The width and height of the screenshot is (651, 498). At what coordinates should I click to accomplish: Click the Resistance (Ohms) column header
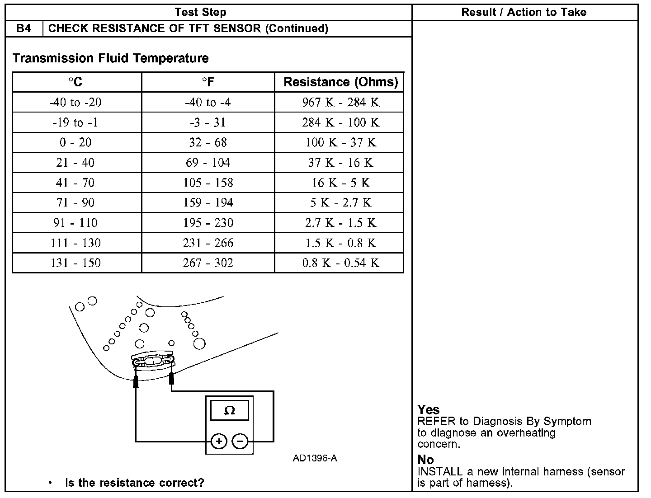(340, 82)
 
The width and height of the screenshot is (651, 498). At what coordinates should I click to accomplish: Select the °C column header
(75, 82)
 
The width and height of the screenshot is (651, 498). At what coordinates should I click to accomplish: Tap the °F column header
(208, 82)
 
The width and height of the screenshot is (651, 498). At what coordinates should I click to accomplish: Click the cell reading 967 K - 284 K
(340, 103)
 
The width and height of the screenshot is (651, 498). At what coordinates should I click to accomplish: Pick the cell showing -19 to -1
(75, 122)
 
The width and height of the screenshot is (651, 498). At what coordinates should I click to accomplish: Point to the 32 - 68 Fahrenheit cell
(208, 143)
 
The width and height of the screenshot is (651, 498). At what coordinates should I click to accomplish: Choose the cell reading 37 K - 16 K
(340, 163)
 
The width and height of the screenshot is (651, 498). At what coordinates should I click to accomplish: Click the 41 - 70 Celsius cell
(75, 183)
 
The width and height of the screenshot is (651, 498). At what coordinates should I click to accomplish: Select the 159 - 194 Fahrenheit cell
(208, 203)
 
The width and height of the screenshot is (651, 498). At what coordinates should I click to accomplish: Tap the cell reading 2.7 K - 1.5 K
(340, 223)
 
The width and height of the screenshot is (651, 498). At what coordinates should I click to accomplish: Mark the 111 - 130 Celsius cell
(75, 243)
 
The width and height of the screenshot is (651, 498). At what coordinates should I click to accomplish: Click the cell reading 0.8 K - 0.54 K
(340, 263)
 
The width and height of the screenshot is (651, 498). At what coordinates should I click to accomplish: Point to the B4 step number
(24, 28)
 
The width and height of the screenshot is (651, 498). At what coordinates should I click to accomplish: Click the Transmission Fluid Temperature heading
(111, 58)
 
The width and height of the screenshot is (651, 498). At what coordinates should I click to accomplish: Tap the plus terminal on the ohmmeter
(219, 441)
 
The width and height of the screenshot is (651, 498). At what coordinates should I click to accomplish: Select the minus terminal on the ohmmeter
(241, 441)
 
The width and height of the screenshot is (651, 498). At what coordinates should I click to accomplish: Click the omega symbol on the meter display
(230, 410)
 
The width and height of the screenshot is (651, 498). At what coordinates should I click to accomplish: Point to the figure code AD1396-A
(315, 458)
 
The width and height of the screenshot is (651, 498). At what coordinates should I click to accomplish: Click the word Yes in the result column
(428, 410)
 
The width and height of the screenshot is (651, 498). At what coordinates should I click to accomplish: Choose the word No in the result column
(425, 460)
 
